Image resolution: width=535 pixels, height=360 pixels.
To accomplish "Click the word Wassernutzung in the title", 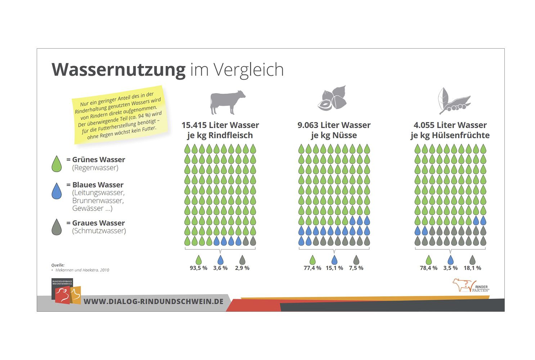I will pyautogui.click(x=118, y=69).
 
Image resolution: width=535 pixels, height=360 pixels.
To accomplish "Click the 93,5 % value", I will pyautogui.click(x=198, y=268).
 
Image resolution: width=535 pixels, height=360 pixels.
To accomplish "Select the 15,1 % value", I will pyautogui.click(x=334, y=268).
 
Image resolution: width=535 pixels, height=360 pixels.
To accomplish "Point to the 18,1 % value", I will pyautogui.click(x=472, y=268).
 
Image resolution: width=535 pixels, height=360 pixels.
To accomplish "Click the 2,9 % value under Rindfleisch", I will pyautogui.click(x=242, y=268).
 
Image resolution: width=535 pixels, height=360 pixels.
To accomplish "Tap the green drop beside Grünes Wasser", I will pyautogui.click(x=57, y=164).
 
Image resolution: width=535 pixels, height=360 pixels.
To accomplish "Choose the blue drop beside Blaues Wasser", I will pyautogui.click(x=57, y=191).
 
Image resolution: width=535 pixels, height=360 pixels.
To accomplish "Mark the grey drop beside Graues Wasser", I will pyautogui.click(x=57, y=227).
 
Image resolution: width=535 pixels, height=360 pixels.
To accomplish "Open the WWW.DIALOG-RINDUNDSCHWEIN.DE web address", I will pyautogui.click(x=153, y=302).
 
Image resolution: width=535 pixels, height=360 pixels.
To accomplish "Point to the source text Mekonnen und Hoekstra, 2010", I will pyautogui.click(x=82, y=270).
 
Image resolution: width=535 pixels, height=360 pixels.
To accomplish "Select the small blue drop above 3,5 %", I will pyautogui.click(x=450, y=260).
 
